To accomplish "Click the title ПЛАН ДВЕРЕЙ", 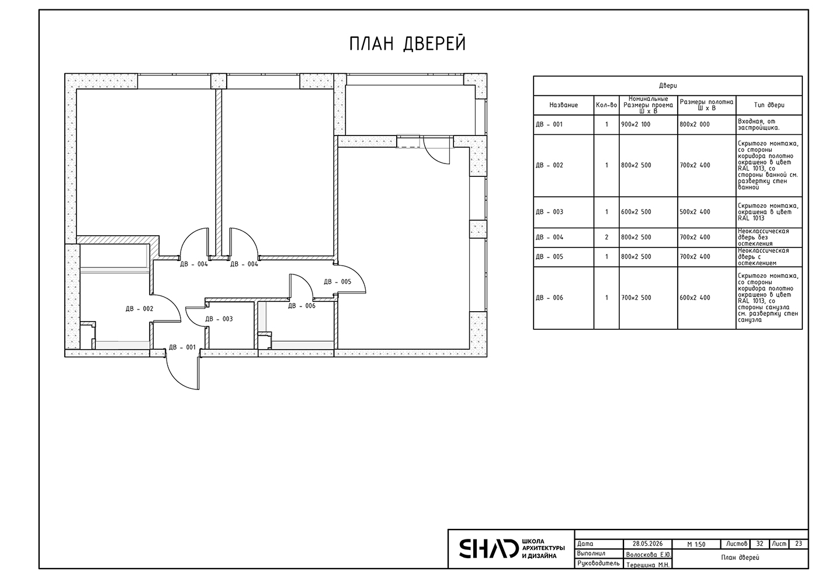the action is tap(408, 44).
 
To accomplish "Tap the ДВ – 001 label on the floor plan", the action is tap(182, 347).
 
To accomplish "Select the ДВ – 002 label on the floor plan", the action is tap(140, 309).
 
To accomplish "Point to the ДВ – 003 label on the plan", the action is tap(219, 319).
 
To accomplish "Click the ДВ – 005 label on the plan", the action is tap(338, 281).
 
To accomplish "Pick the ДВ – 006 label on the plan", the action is tap(301, 306).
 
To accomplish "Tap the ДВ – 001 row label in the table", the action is tap(549, 124).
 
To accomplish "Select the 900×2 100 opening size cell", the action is tap(636, 124).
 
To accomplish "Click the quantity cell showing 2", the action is tap(606, 237).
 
